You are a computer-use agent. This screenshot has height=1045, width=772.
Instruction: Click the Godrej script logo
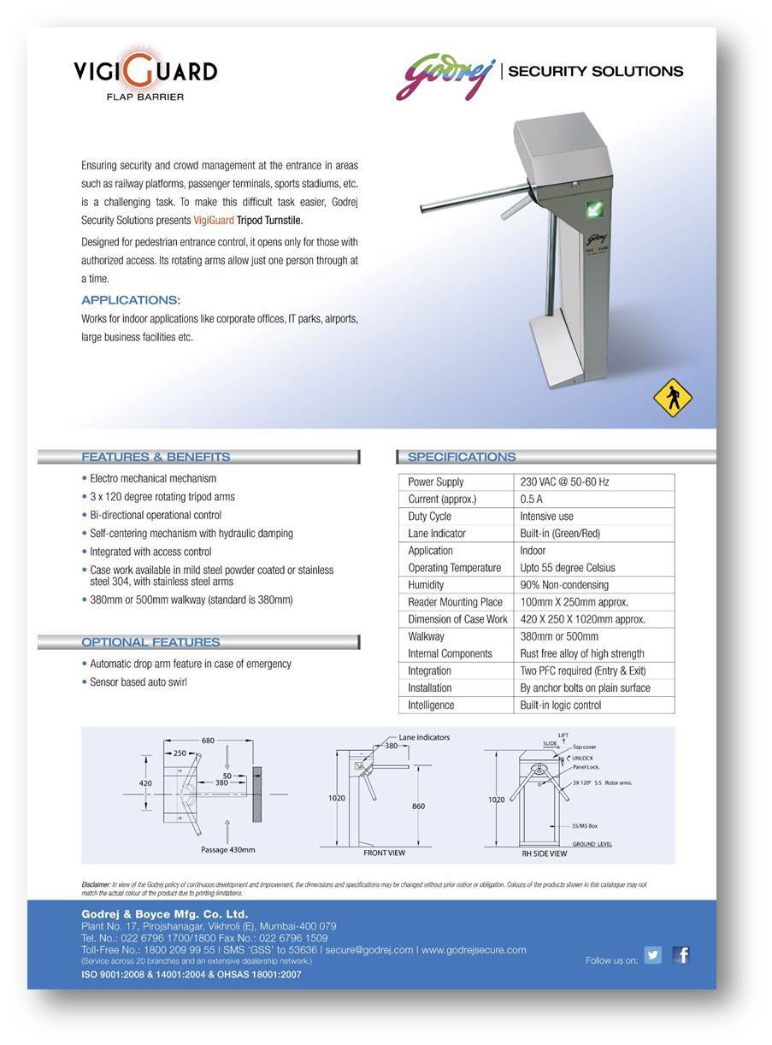coord(445,75)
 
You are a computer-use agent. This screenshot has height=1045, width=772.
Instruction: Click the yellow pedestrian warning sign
coord(672,398)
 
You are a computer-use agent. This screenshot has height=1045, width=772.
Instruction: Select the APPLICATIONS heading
coord(131,300)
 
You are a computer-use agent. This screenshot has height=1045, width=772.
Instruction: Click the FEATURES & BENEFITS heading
coord(156,457)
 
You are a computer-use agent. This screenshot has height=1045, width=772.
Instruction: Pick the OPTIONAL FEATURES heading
coord(150,642)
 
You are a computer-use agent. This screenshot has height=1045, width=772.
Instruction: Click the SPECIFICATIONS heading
coord(462,457)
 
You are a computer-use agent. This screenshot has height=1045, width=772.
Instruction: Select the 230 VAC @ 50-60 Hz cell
coord(564,482)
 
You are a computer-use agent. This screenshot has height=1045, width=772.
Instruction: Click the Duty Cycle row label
coord(430,517)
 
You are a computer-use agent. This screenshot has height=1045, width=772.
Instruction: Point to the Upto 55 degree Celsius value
coord(568,568)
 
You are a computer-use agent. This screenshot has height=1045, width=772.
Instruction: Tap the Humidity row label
coord(426,585)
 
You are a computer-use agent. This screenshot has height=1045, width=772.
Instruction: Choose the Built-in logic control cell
coord(561,706)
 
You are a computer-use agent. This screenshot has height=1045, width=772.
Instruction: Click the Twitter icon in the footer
coord(653,955)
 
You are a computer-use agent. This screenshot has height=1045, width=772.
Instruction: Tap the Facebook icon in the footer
coord(681,955)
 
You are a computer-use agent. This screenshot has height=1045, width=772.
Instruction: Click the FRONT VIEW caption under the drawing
coord(385,853)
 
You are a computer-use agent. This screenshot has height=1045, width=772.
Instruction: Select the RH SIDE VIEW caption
coord(545,853)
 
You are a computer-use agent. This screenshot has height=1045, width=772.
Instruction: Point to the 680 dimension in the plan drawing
coord(209,741)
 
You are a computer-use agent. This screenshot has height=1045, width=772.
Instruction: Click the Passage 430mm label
coord(228,850)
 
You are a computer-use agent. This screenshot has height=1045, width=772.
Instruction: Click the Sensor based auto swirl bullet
coord(138,682)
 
